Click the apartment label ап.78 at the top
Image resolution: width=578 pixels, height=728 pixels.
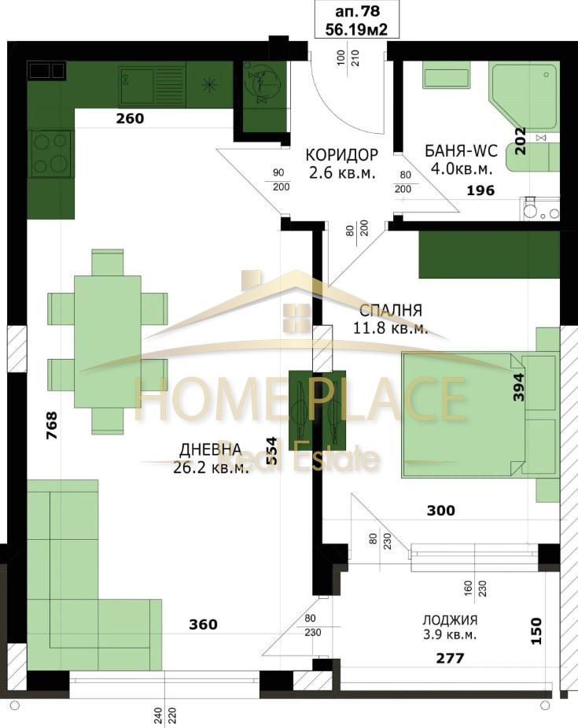pyautogui.click(x=356, y=10)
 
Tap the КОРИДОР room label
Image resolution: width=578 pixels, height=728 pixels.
pyautogui.click(x=341, y=154)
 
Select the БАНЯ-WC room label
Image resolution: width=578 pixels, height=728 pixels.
pyautogui.click(x=461, y=151)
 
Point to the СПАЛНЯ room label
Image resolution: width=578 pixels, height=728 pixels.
pyautogui.click(x=391, y=310)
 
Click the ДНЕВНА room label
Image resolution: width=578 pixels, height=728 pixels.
pyautogui.click(x=211, y=449)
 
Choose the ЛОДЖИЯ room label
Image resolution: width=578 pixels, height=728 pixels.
pyautogui.click(x=450, y=620)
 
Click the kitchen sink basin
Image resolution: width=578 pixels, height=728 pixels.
pyautogui.click(x=138, y=87)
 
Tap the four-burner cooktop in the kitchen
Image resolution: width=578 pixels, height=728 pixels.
pyautogui.click(x=50, y=153)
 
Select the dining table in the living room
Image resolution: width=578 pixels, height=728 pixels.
pyautogui.click(x=108, y=342)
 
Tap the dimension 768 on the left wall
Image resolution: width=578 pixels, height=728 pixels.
pyautogui.click(x=51, y=425)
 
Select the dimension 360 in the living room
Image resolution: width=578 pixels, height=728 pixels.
pyautogui.click(x=203, y=624)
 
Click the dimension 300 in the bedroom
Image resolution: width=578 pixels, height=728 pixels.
pyautogui.click(x=440, y=511)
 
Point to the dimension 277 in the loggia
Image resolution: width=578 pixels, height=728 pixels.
pyautogui.click(x=450, y=658)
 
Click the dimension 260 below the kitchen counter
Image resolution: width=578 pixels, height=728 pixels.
pyautogui.click(x=130, y=118)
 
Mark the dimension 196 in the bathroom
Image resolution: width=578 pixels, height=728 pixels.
pyautogui.click(x=480, y=190)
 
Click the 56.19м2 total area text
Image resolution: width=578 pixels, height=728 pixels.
pyautogui.click(x=356, y=30)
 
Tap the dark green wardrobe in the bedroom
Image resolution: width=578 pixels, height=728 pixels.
pyautogui.click(x=489, y=254)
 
